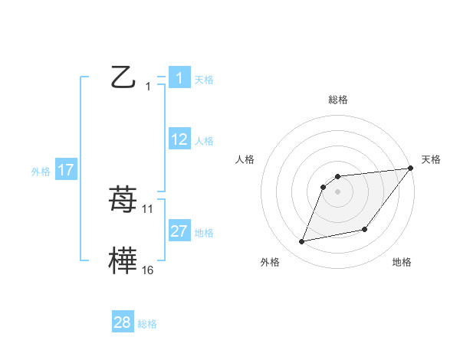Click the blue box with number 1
coord(179,78)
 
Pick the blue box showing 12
coord(179,139)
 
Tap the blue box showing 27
coord(179,231)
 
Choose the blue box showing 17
coord(66,170)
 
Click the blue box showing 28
coord(123,322)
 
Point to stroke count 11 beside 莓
coord(148,208)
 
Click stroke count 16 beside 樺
coord(148,270)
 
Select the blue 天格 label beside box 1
coord(204,79)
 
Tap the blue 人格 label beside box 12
coord(204,140)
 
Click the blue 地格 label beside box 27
coord(204,232)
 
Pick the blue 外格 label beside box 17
coord(41,171)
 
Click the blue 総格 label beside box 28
coord(147,324)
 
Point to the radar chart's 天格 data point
coord(410,168)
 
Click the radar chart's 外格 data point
coord(302,241)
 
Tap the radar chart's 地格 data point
coord(365,229)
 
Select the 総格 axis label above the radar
coord(337,100)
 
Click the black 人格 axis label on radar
coord(245,159)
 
